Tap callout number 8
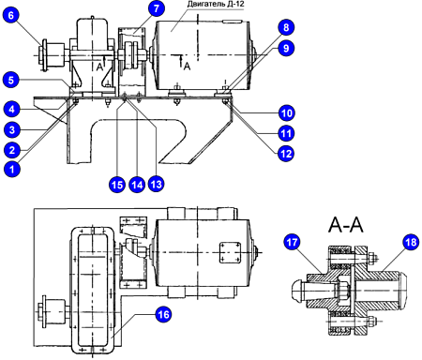pos(285,28)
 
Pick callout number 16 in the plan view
pos(163,315)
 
